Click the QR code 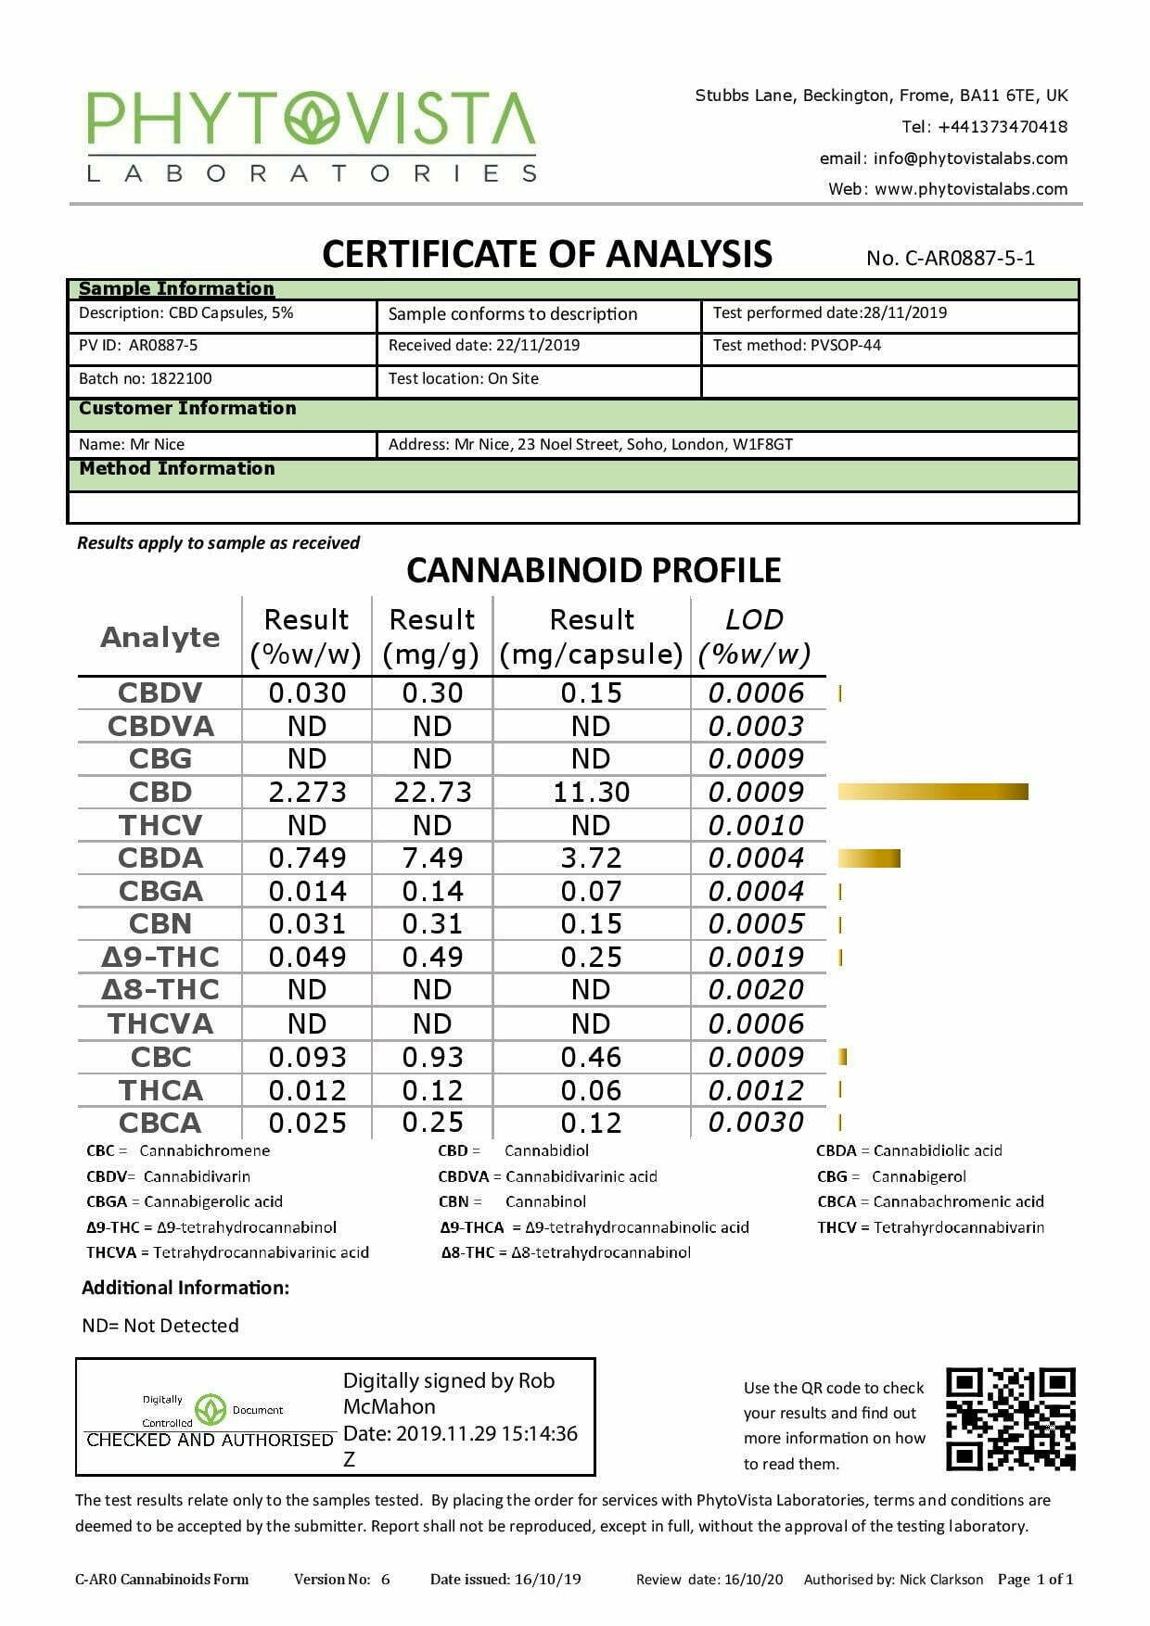tap(1010, 1418)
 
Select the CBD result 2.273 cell tap(307, 793)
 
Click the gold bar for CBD tap(933, 792)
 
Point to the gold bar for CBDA tap(869, 858)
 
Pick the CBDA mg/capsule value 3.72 tap(591, 858)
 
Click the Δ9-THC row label tap(160, 957)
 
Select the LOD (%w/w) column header tap(755, 637)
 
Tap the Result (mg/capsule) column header tap(591, 637)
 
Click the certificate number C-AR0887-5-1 tap(969, 259)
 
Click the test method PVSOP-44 tap(845, 346)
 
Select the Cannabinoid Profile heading tap(594, 570)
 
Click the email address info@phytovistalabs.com tap(970, 159)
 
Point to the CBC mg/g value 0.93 tap(431, 1058)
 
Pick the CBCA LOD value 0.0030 tap(756, 1123)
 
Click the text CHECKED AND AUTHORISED tap(210, 1440)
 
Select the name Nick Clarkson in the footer tap(941, 1580)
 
